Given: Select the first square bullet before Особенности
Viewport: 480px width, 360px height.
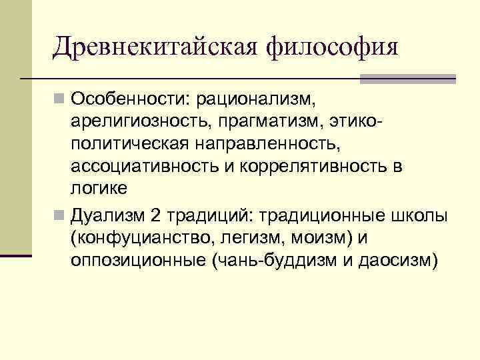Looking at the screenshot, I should (60, 101).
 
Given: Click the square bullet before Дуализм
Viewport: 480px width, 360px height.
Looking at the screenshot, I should (60, 216).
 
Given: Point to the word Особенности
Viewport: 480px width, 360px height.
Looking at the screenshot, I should (129, 99).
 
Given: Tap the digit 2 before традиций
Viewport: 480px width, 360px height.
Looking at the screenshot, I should (156, 216).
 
